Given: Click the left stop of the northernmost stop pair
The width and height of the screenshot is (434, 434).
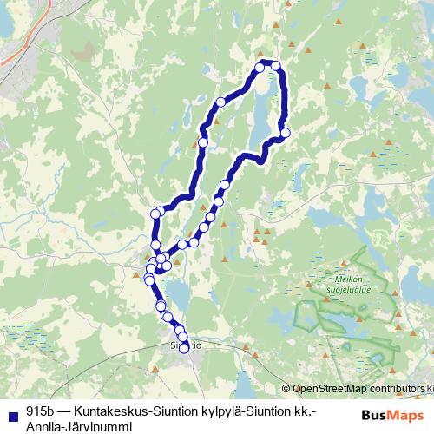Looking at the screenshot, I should click(260, 67).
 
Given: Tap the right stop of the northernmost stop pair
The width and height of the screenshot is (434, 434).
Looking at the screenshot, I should click(276, 66).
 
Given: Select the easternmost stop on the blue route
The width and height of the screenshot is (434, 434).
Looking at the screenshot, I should click(286, 132).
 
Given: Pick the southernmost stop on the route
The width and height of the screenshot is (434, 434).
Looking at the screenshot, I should click(184, 348).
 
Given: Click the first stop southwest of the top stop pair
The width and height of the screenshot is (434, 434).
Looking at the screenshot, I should click(220, 102).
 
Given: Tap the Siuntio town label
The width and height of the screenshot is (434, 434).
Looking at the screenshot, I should click(186, 345).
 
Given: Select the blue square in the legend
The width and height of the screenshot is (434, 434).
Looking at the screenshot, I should click(11, 412).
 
